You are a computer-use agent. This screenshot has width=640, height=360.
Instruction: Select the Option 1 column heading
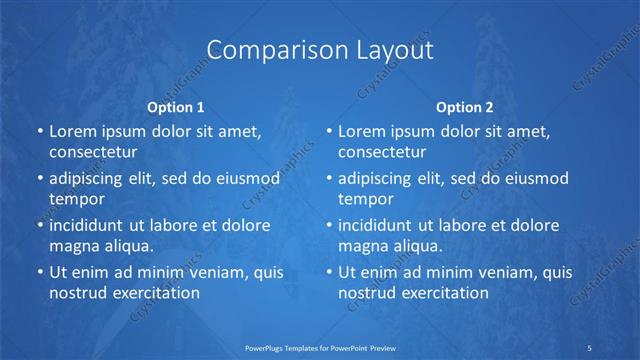pyautogui.click(x=176, y=106)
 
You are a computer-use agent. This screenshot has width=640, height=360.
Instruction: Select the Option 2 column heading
pyautogui.click(x=465, y=106)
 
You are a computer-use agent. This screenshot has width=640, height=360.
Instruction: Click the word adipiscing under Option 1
pyautogui.click(x=91, y=178)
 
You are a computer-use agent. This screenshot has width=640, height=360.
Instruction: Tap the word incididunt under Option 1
pyautogui.click(x=90, y=225)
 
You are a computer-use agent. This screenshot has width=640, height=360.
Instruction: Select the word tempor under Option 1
pyautogui.click(x=74, y=198)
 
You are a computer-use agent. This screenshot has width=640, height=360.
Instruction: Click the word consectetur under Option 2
pyautogui.click(x=382, y=152)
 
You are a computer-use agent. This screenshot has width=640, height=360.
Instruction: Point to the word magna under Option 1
pyautogui.click(x=72, y=245)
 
